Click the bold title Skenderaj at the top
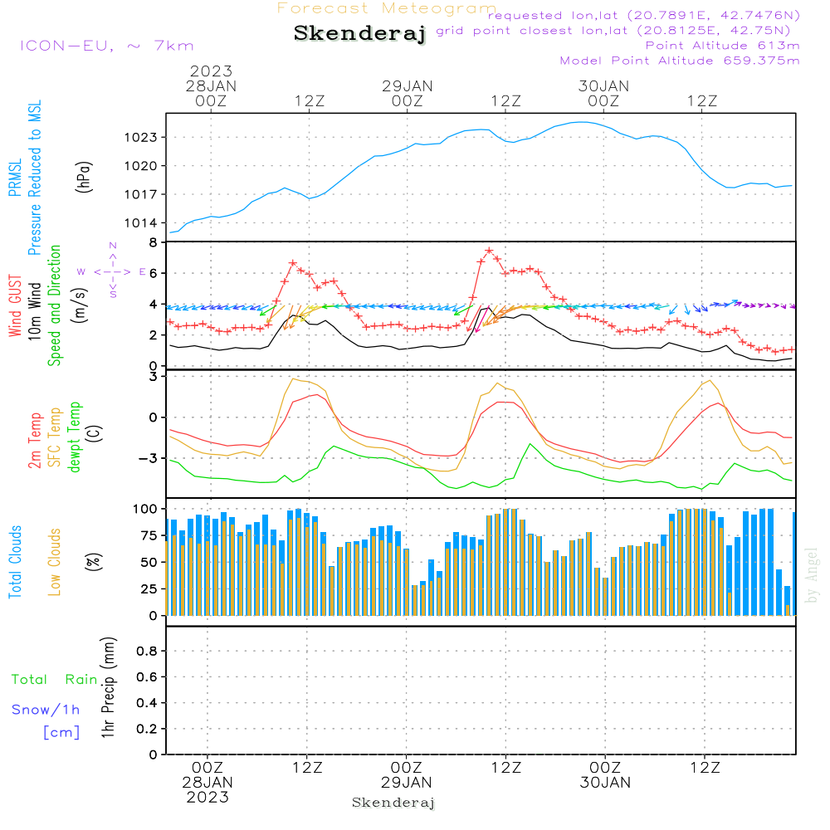point(359,34)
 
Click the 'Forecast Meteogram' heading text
point(387,8)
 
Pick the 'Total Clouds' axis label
point(15,562)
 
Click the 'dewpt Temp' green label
point(76,437)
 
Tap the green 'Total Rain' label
point(55,680)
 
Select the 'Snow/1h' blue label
point(46,710)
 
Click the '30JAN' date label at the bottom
point(605,782)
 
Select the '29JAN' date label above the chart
point(407,86)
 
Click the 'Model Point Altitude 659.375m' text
point(680,61)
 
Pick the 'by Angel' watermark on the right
point(813,575)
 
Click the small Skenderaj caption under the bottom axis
point(393,803)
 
